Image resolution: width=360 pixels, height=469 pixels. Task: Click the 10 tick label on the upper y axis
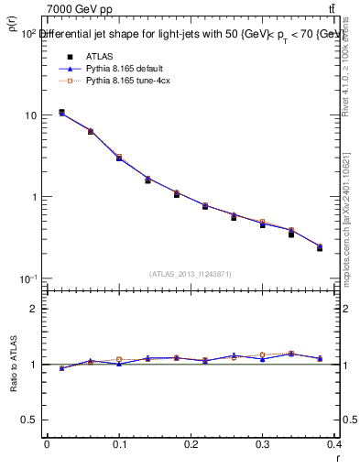31,115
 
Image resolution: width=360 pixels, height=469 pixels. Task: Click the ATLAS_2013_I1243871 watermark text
190,274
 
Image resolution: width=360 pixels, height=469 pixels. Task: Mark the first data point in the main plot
61,113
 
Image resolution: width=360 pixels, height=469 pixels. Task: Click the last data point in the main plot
345,247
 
